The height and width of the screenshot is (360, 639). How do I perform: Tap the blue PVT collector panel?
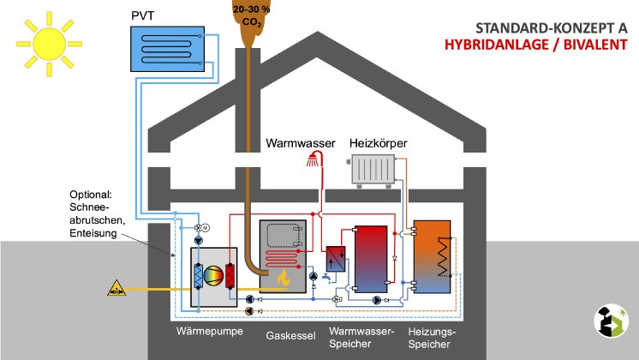(x=167, y=48)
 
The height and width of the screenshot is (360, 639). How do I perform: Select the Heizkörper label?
(x=378, y=142)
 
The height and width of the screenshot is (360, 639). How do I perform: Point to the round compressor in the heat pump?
(x=216, y=276)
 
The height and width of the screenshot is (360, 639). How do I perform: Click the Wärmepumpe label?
(x=205, y=330)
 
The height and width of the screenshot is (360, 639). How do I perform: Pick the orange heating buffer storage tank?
(x=431, y=253)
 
